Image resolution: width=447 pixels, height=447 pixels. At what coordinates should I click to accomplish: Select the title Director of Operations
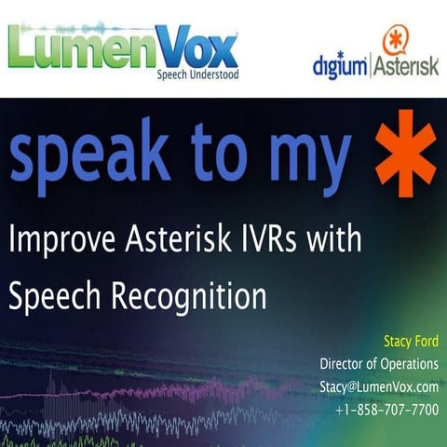click(x=378, y=363)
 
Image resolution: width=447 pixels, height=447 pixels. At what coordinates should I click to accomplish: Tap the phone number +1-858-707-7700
click(x=386, y=409)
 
